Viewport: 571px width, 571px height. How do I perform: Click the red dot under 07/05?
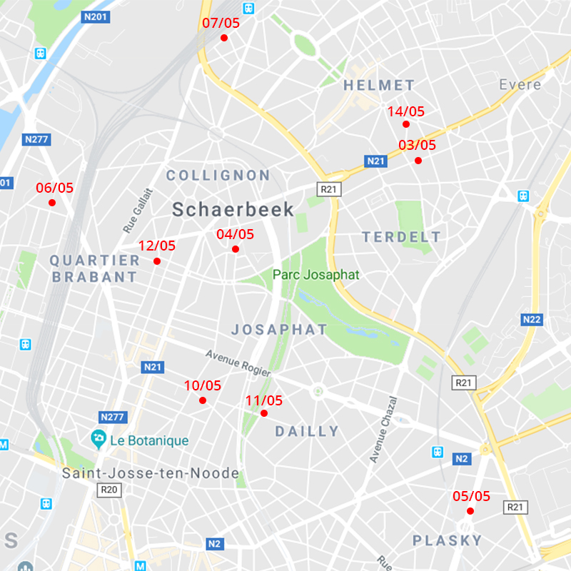(x=223, y=38)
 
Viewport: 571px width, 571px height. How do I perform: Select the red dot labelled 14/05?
(x=406, y=124)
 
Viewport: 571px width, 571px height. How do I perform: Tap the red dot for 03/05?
(x=418, y=161)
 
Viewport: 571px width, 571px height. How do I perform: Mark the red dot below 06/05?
(x=52, y=203)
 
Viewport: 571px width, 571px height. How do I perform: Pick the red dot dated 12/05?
(x=157, y=261)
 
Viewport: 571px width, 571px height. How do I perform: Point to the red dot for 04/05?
(x=236, y=249)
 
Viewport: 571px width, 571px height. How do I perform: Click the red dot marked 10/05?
(x=203, y=400)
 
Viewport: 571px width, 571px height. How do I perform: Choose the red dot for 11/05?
(x=264, y=413)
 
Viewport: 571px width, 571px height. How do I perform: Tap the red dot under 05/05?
(x=470, y=511)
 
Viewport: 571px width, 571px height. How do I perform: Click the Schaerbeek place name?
(x=233, y=209)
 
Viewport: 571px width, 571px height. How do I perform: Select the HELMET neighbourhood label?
(x=379, y=86)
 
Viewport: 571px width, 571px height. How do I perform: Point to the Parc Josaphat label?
(x=315, y=275)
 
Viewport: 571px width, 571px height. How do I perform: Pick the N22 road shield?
(x=532, y=319)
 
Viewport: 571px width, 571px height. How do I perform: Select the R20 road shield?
(x=109, y=490)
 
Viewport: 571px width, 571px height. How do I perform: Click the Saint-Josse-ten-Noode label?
(x=150, y=473)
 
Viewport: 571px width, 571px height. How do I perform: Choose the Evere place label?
(x=520, y=85)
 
